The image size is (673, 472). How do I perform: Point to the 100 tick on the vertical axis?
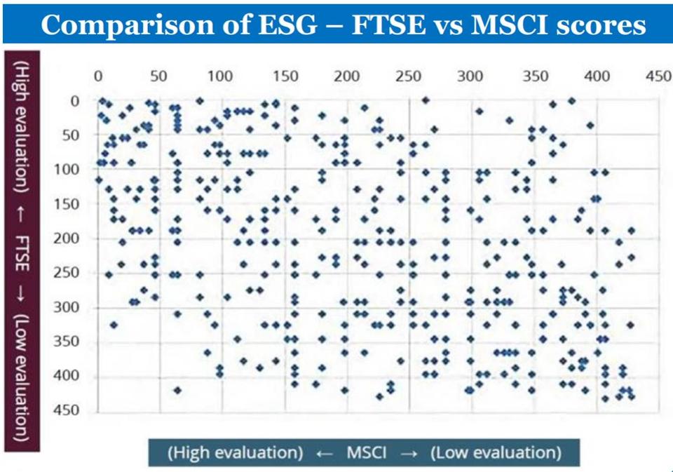[70, 170]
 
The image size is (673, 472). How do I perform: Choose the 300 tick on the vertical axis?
[70, 308]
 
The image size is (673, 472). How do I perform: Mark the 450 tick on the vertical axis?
[70, 412]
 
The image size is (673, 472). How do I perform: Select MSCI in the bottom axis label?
[366, 452]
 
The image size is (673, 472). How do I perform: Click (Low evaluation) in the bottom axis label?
[496, 452]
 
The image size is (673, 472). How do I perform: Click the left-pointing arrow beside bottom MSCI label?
[323, 453]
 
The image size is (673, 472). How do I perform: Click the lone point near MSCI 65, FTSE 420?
[177, 391]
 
